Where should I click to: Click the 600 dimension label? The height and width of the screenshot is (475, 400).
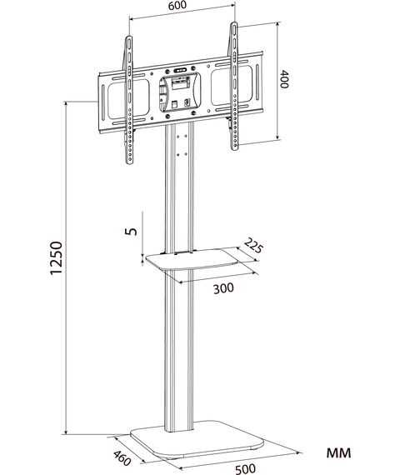(x=177, y=6)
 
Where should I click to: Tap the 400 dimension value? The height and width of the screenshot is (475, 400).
(x=284, y=79)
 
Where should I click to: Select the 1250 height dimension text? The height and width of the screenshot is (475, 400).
(x=57, y=258)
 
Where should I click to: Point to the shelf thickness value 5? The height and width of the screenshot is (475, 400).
(x=131, y=231)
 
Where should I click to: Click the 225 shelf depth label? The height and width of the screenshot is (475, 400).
(x=253, y=246)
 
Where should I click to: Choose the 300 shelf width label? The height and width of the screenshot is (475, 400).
(x=223, y=288)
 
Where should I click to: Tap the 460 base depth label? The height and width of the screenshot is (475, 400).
(x=122, y=458)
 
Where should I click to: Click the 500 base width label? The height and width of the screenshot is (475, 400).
(x=246, y=468)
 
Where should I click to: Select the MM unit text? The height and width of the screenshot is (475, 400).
(x=339, y=452)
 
